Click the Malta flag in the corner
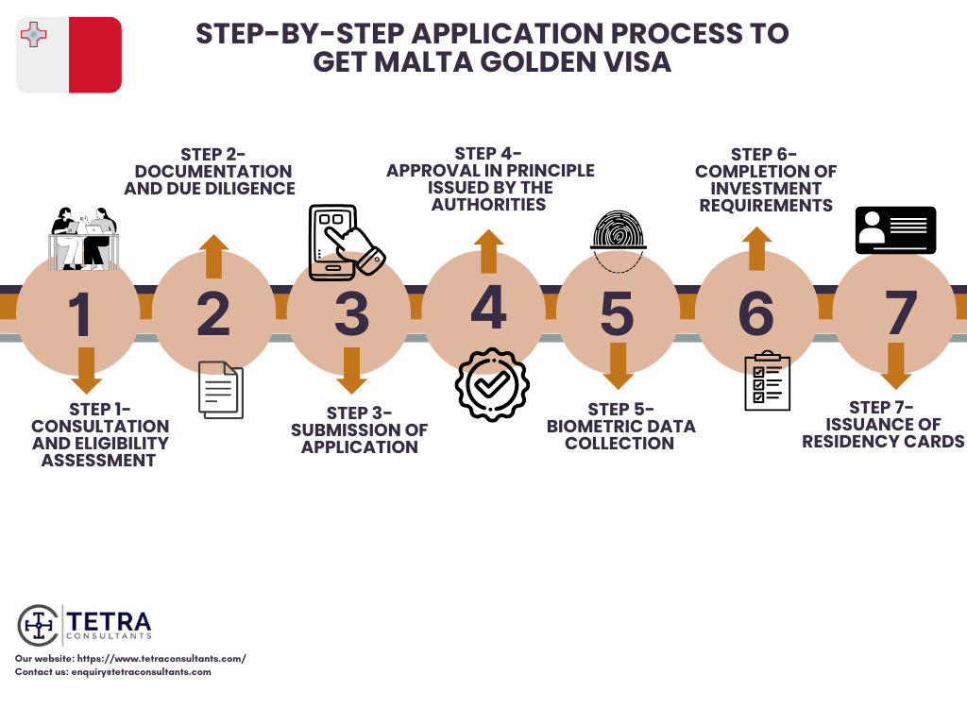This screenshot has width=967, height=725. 69,55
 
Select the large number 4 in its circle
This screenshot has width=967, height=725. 487,310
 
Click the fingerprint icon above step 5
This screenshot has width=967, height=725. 619,242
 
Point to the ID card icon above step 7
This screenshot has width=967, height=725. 895,230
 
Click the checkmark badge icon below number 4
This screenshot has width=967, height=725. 492,384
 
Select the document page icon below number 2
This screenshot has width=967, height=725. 221,390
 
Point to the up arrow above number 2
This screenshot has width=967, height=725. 214,256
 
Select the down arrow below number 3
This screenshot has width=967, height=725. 352,370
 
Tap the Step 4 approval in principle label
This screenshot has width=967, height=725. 489,178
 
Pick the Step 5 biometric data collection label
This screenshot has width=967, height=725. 620,426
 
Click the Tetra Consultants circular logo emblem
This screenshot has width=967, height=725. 39,625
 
